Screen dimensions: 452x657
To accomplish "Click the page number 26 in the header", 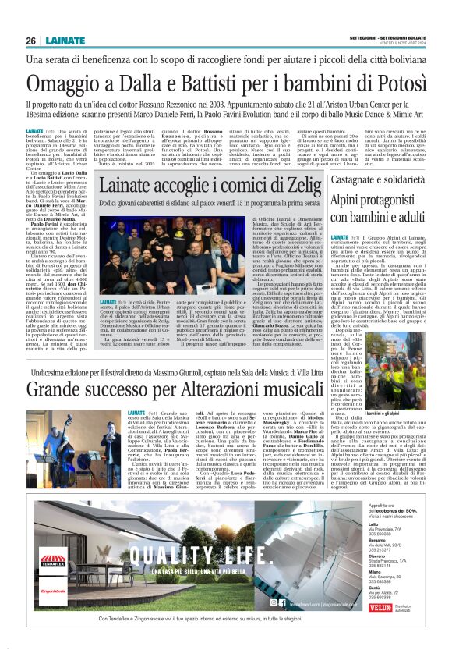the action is pos(31,41).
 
